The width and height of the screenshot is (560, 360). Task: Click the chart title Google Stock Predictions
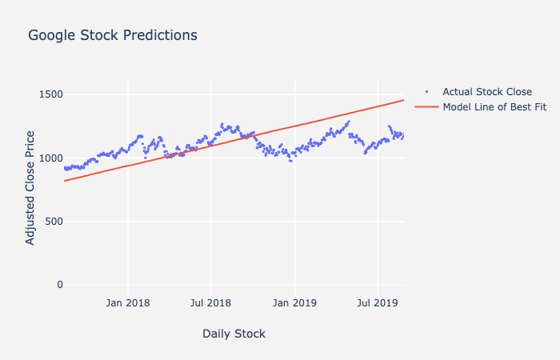(x=112, y=35)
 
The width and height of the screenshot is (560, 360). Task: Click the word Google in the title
(x=54, y=35)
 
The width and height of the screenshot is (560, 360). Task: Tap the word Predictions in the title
(x=159, y=35)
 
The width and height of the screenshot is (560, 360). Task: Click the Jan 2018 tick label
(x=128, y=303)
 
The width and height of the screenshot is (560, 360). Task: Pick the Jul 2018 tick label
(x=210, y=303)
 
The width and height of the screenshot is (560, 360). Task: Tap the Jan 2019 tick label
(x=294, y=303)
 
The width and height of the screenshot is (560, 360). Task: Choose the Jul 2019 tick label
(x=377, y=303)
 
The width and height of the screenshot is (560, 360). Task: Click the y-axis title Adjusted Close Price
(x=30, y=187)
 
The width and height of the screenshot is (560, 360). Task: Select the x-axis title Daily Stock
(x=234, y=334)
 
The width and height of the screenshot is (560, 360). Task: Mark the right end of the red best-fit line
(x=403, y=100)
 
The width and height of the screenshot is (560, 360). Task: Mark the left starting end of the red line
(x=64, y=181)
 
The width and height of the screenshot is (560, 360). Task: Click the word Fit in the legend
(x=538, y=107)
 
